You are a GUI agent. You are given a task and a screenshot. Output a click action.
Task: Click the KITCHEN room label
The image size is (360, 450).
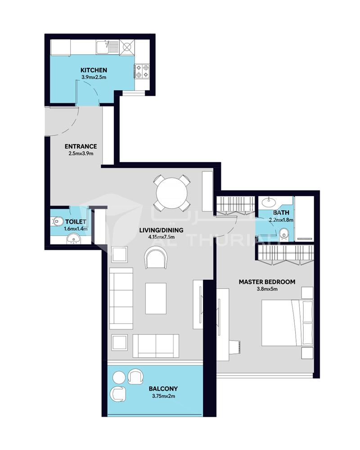(x=94, y=70)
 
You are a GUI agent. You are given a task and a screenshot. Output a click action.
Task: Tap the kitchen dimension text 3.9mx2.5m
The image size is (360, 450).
(x=94, y=77)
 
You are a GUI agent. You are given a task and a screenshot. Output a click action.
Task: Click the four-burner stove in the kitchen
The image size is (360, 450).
(x=142, y=71)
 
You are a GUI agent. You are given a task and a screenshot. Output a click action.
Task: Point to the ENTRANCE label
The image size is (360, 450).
(x=81, y=146)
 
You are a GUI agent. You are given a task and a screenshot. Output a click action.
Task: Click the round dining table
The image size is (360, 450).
(x=172, y=193)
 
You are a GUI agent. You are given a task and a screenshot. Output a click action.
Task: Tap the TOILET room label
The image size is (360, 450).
(x=76, y=221)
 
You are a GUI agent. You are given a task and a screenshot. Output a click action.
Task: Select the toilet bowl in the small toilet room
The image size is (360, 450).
(x=58, y=221)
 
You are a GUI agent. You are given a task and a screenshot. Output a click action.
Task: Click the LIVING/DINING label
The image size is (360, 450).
(x=161, y=230)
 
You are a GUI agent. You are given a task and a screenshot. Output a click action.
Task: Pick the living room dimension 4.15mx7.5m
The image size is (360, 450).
(x=161, y=237)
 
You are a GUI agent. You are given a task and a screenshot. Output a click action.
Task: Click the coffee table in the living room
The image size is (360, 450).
(x=156, y=298)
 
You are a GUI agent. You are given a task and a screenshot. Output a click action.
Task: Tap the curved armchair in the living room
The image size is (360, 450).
(x=156, y=258)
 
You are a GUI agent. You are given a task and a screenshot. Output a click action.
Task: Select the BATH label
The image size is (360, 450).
(x=281, y=213)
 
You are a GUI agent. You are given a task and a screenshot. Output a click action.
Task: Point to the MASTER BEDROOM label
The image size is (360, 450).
(x=267, y=282)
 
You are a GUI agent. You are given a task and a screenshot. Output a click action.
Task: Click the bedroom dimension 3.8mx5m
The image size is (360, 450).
(x=267, y=289)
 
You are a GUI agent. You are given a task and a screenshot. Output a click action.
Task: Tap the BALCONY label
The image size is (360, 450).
(x=163, y=389)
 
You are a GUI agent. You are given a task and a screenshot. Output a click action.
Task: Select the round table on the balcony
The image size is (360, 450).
(x=119, y=377)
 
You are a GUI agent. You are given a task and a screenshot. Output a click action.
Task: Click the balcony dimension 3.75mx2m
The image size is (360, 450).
(x=163, y=396)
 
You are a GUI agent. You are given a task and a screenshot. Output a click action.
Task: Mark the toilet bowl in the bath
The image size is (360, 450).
(x=283, y=234)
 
